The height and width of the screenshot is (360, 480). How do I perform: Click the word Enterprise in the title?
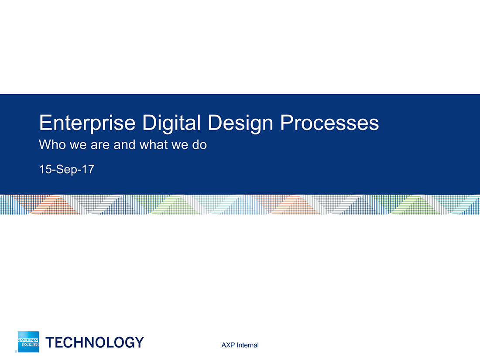[x=87, y=123]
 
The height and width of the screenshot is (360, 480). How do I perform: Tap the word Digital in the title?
[x=171, y=123]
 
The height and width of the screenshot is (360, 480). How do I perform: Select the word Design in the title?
[x=240, y=123]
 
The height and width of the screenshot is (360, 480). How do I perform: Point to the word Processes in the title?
[x=330, y=123]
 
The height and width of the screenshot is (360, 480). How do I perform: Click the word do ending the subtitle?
[x=199, y=144]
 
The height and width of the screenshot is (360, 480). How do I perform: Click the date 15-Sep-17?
[x=67, y=169]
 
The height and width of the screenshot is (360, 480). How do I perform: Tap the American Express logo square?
[x=28, y=342]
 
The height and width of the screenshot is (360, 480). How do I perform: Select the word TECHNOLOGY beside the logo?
[x=95, y=342]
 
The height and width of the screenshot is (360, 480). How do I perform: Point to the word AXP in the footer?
[x=228, y=345]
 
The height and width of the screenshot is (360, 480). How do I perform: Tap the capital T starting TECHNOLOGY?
[x=50, y=342]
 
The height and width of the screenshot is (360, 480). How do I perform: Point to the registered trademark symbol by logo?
[x=16, y=351]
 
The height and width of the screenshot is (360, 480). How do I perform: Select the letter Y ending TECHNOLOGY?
[x=139, y=342]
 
